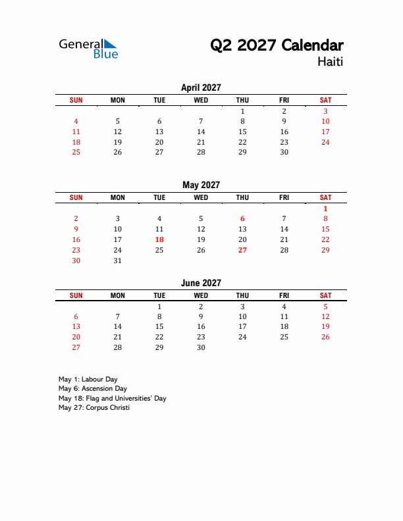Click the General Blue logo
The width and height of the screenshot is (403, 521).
(88, 48)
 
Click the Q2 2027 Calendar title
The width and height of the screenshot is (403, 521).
(277, 45)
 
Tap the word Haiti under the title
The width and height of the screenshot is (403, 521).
(329, 62)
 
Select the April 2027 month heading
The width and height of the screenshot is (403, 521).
(201, 87)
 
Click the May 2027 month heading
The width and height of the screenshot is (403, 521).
(201, 186)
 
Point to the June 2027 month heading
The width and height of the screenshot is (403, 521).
(201, 283)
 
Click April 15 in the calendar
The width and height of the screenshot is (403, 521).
(242, 132)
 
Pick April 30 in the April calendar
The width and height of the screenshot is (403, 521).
(284, 152)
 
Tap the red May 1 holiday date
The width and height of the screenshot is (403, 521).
(325, 209)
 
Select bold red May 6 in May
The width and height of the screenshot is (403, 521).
(242, 219)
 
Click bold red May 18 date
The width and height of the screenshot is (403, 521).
(159, 240)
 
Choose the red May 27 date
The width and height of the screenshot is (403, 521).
(242, 250)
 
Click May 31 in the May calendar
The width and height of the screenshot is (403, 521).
(118, 260)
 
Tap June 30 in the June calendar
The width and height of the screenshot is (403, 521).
(201, 347)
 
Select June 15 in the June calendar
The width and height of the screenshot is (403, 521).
(159, 326)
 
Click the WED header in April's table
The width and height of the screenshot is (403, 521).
(201, 100)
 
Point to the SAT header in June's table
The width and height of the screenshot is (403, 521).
(325, 295)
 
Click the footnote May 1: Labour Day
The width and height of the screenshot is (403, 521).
(88, 380)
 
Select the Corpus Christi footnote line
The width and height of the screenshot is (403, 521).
(94, 408)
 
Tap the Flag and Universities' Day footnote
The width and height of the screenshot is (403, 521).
(112, 399)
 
